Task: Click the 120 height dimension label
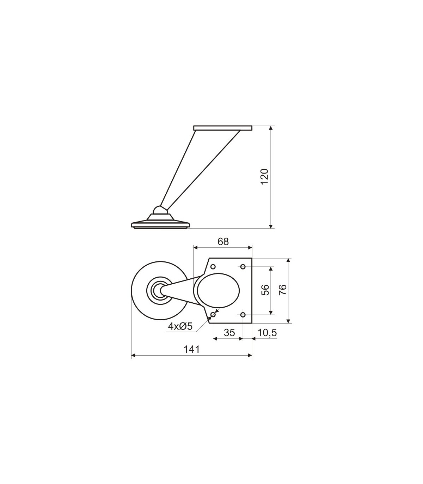[264, 176]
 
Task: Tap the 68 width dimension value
[223, 242]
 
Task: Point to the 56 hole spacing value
[265, 290]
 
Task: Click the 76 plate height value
[283, 290]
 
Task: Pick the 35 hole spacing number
[229, 333]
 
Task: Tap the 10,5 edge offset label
[267, 333]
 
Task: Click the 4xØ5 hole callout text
[180, 326]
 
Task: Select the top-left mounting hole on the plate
[213, 267]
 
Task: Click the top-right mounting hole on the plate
[243, 267]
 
